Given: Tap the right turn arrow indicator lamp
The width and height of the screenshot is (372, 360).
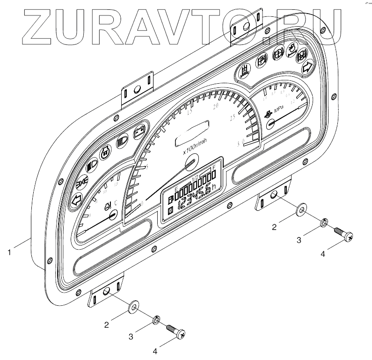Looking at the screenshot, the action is click(307, 67).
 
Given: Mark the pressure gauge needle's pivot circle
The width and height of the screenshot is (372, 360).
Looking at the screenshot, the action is click(270, 123).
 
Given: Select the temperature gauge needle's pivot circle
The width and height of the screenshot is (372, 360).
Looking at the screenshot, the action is click(112, 215).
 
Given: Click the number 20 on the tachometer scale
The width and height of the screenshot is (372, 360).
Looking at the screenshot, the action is click(216, 107).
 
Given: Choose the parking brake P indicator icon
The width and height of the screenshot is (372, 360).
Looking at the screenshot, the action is click(261, 60).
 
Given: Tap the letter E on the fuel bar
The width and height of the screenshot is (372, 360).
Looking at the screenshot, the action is click(176, 187).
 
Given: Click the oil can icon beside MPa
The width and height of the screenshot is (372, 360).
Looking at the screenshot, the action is click(267, 113).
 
